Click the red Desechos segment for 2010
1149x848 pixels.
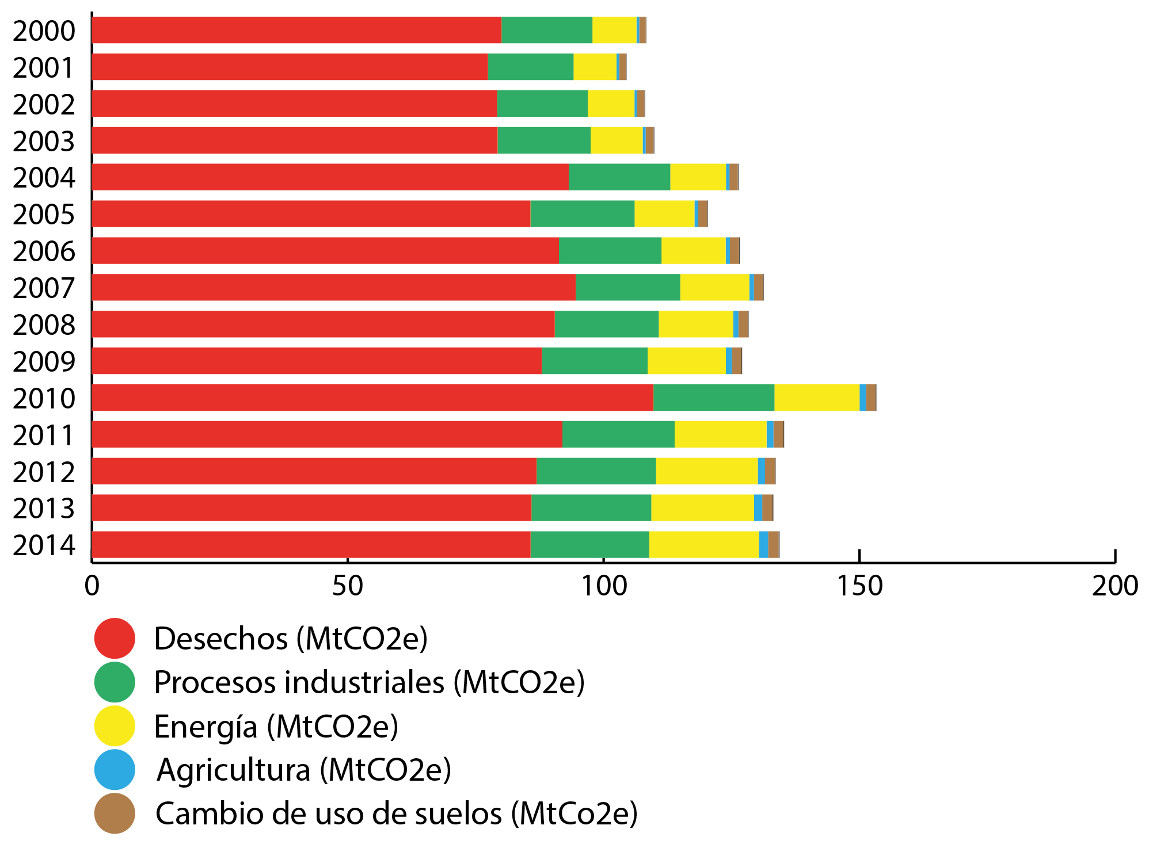(372, 398)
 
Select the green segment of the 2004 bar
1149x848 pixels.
(619, 177)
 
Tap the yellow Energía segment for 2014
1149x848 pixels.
(703, 544)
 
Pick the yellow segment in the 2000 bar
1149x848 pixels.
(614, 30)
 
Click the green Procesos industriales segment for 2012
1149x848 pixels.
(596, 471)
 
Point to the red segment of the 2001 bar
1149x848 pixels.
(290, 67)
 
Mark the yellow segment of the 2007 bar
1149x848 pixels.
(714, 287)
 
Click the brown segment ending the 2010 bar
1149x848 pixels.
(871, 398)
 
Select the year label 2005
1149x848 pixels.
(44, 215)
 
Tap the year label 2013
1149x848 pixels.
(44, 509)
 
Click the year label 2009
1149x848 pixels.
(44, 361)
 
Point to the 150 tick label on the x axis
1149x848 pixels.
(859, 586)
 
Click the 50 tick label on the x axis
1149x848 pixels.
(348, 586)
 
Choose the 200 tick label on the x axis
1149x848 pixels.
(1115, 586)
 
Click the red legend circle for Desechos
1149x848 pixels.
(115, 638)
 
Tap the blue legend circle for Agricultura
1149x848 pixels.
(115, 769)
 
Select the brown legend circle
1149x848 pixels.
(115, 813)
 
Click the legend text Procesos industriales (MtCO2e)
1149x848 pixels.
(369, 682)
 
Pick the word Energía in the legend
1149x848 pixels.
(206, 726)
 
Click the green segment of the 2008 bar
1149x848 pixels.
(606, 324)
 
